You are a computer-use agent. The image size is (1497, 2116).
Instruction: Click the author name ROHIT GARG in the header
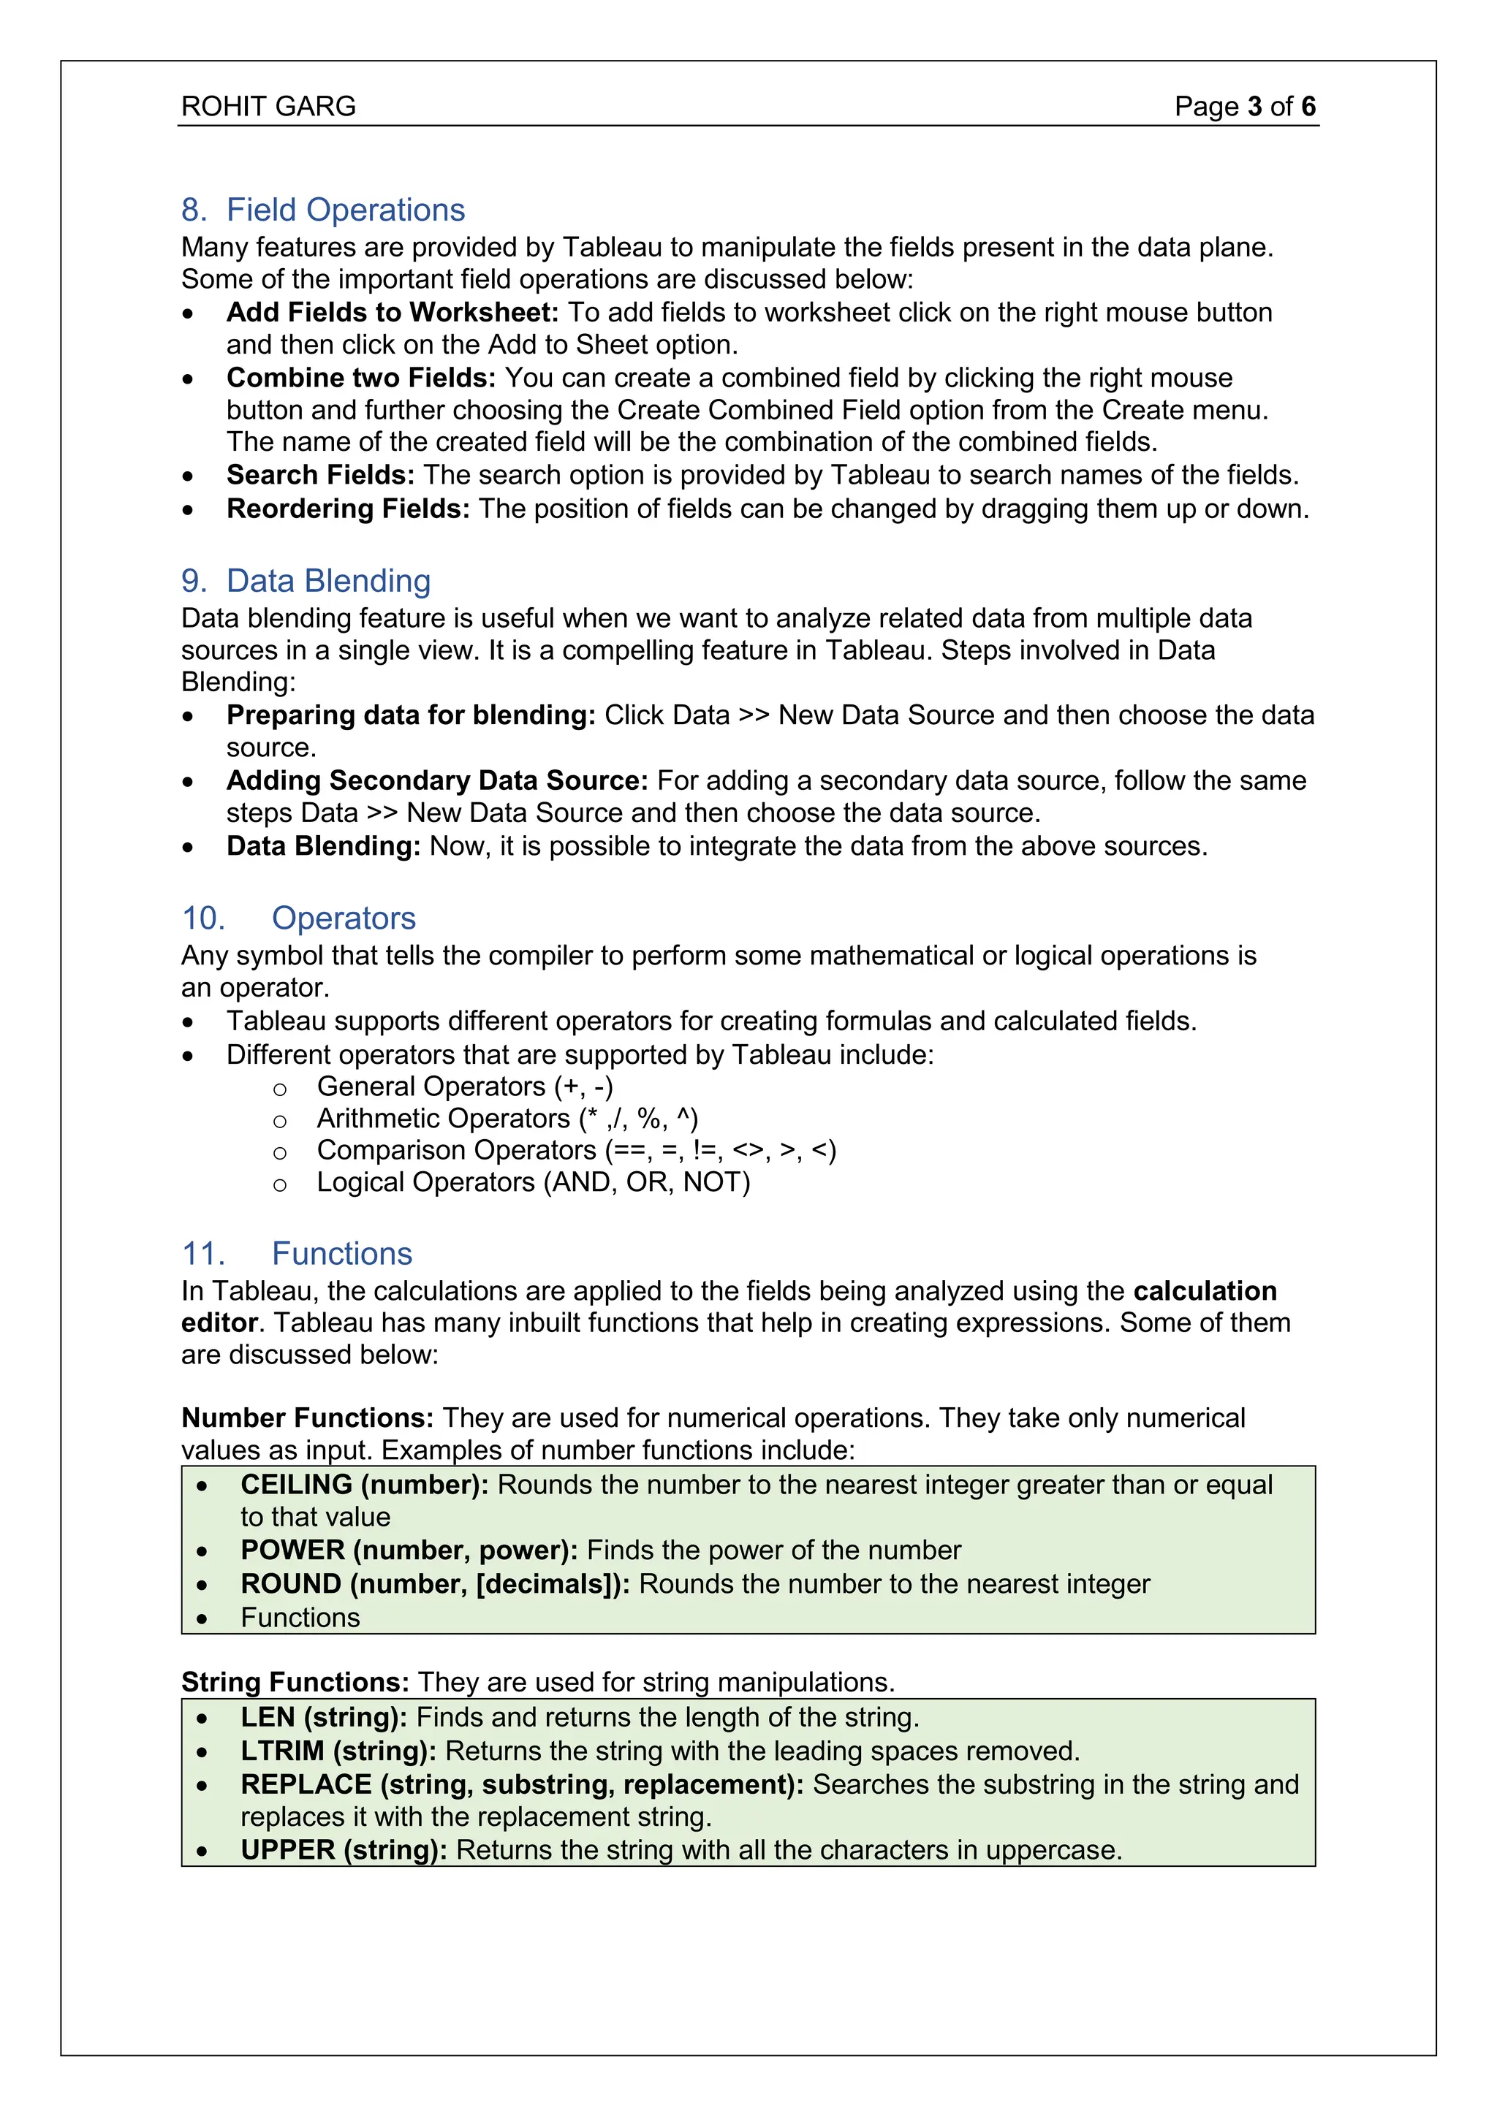(x=268, y=107)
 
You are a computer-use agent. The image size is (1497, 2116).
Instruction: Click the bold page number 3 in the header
(x=1254, y=107)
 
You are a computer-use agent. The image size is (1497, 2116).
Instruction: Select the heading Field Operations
(x=345, y=210)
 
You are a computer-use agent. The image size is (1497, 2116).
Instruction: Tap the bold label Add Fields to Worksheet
(x=392, y=313)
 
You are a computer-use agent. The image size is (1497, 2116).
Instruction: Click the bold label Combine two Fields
(x=360, y=378)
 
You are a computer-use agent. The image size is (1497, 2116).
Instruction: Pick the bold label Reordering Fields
(x=347, y=509)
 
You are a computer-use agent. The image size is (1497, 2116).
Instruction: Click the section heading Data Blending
(x=328, y=581)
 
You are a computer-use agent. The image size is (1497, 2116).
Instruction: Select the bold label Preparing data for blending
(x=410, y=715)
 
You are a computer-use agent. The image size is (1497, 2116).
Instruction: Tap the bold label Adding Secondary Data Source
(x=437, y=780)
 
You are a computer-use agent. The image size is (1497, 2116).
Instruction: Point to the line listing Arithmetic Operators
(x=507, y=1119)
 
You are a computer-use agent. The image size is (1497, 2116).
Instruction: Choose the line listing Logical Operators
(x=533, y=1182)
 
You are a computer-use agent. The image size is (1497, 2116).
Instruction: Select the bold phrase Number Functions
(x=307, y=1417)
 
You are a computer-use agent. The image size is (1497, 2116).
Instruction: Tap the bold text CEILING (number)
(x=364, y=1485)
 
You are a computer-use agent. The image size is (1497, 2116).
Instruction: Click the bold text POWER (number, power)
(x=409, y=1550)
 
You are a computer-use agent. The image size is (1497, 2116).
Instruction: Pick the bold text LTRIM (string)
(x=338, y=1751)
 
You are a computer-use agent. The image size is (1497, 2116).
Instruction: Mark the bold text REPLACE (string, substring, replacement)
(x=522, y=1784)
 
